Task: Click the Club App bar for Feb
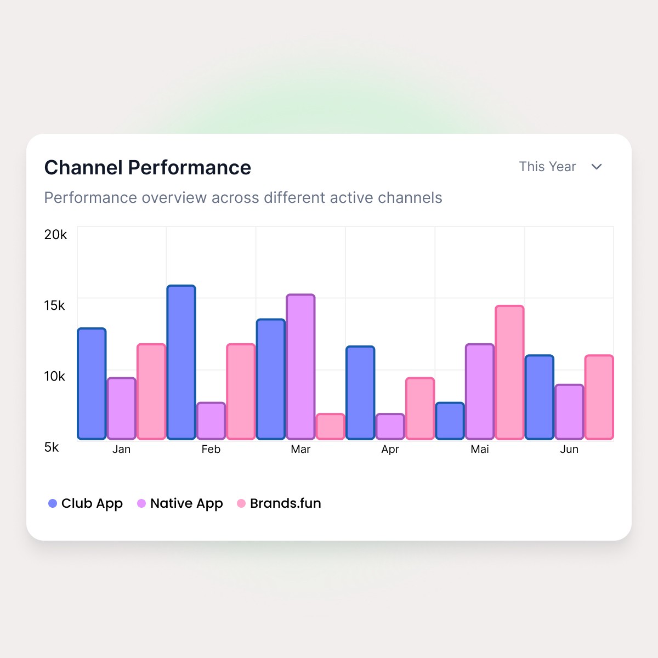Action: (x=181, y=362)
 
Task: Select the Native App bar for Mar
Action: (x=300, y=366)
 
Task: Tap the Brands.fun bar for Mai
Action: (x=509, y=372)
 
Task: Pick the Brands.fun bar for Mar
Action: (x=330, y=426)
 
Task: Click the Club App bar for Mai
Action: (x=450, y=421)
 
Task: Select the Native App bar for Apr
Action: (x=390, y=426)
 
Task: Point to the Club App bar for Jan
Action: (x=92, y=383)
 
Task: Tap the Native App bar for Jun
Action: (x=569, y=411)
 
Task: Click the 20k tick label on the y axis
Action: (x=56, y=235)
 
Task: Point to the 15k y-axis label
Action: (x=55, y=305)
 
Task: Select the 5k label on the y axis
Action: (x=52, y=447)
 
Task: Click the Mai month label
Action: (x=480, y=449)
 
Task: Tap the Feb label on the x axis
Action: (x=211, y=449)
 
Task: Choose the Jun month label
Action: (x=569, y=449)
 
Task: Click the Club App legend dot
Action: (x=53, y=503)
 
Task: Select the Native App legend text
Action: (x=186, y=504)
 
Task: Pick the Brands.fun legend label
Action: (x=286, y=503)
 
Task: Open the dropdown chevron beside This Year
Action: (x=597, y=167)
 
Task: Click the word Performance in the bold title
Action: (x=190, y=168)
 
